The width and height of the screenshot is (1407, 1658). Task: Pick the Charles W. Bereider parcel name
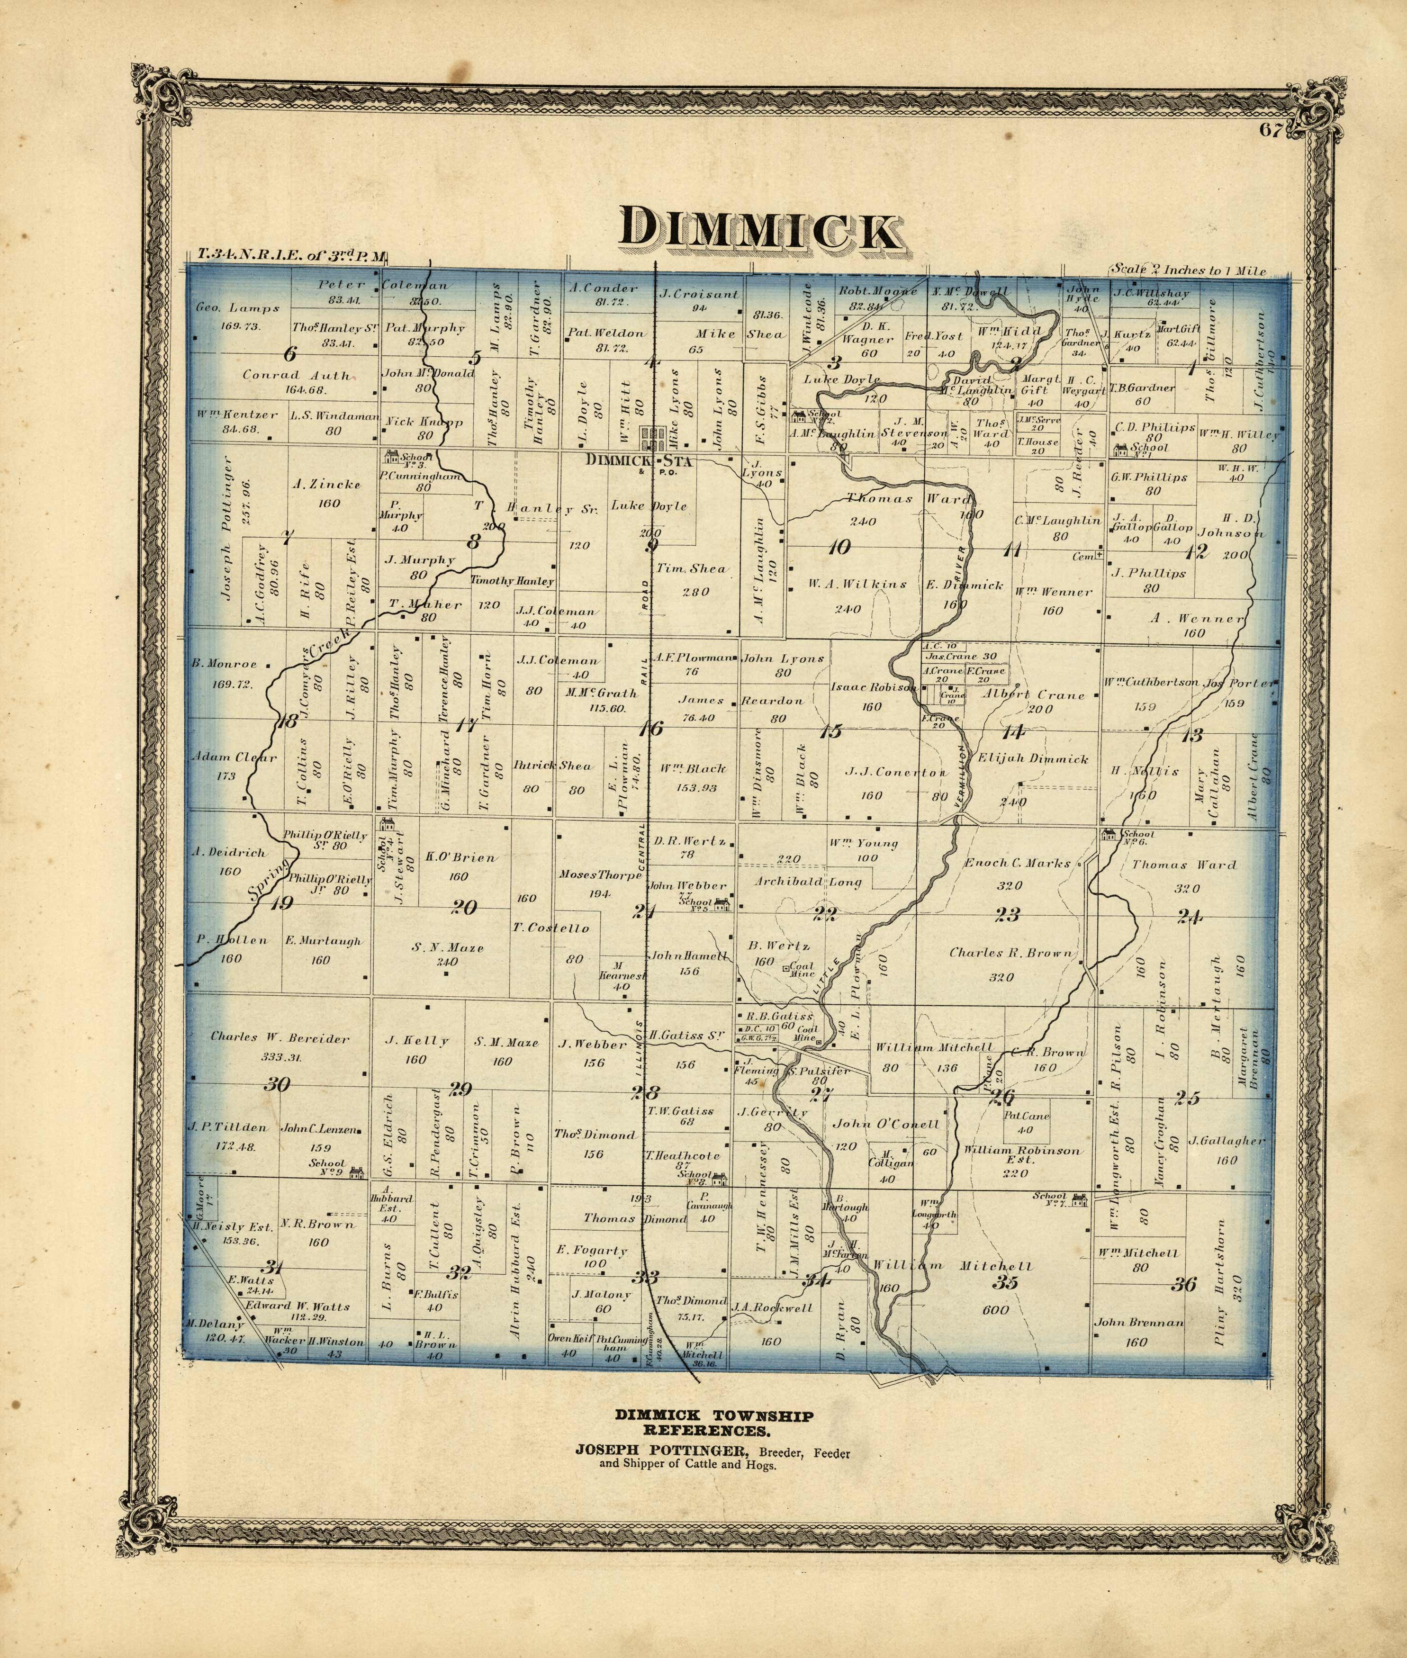[280, 1037]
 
